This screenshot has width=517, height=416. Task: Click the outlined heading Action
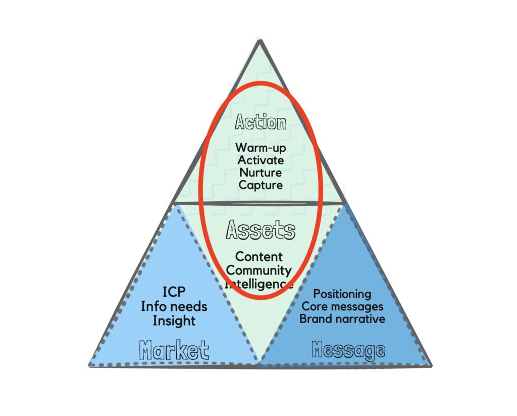click(x=261, y=123)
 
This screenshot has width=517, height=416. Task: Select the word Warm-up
click(x=261, y=149)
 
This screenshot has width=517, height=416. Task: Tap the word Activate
click(x=261, y=161)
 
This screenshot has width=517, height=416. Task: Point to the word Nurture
click(x=261, y=173)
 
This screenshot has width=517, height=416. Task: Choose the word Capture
click(x=261, y=185)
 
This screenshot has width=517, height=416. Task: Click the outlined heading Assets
click(x=261, y=230)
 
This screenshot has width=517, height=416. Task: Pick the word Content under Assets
click(x=259, y=257)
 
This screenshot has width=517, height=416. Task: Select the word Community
click(x=259, y=270)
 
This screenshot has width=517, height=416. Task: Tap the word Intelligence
click(x=259, y=284)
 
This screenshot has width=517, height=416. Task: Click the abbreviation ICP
click(x=174, y=292)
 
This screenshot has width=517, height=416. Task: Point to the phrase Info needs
click(x=174, y=306)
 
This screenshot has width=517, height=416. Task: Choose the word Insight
click(x=174, y=320)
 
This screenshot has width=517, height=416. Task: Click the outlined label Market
click(x=174, y=350)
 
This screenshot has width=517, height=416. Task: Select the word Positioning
click(x=342, y=294)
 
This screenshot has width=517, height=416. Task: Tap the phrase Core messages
click(x=342, y=306)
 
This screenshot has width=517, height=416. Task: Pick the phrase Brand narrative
click(x=342, y=319)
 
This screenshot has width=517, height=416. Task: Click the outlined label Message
click(x=348, y=350)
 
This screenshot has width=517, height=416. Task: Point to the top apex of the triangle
click(x=260, y=40)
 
